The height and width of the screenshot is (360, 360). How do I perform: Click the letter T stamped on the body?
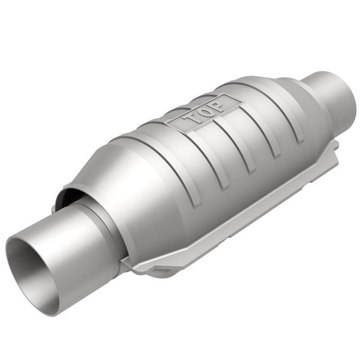click(193, 118)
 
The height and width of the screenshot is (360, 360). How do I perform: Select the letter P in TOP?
click(215, 106)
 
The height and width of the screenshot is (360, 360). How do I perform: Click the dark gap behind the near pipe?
click(69, 195)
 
